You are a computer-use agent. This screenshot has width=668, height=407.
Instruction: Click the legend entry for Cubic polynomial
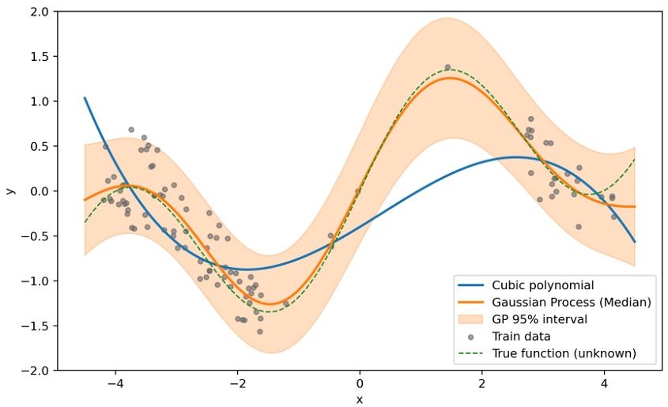[x=542, y=285]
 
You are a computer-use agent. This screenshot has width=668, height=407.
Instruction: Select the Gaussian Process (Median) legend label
[x=571, y=302]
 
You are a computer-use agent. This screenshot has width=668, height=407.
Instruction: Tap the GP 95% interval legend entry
[x=539, y=319]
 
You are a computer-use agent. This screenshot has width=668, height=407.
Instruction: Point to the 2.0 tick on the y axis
[x=37, y=12]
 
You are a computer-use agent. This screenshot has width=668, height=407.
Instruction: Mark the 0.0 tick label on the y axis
[x=37, y=191]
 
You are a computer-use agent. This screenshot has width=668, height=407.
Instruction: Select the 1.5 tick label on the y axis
[x=37, y=57]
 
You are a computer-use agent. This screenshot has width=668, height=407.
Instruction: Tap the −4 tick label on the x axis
[x=115, y=383]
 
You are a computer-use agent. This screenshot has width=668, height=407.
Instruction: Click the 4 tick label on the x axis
[x=604, y=383]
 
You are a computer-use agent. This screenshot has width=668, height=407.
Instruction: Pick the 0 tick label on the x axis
[x=360, y=383]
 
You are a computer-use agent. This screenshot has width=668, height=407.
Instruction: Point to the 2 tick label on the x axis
[x=481, y=383]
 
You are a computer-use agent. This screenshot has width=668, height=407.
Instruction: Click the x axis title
[x=360, y=399]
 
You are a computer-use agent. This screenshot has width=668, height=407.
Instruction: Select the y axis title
[x=10, y=191]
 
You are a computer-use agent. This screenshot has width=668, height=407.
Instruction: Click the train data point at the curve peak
[x=447, y=68]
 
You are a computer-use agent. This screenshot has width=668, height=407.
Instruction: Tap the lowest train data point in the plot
[x=259, y=331]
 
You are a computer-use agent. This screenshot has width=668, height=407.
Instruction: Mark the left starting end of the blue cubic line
[x=85, y=98]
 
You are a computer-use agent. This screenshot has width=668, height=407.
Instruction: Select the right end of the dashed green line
[x=635, y=159]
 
